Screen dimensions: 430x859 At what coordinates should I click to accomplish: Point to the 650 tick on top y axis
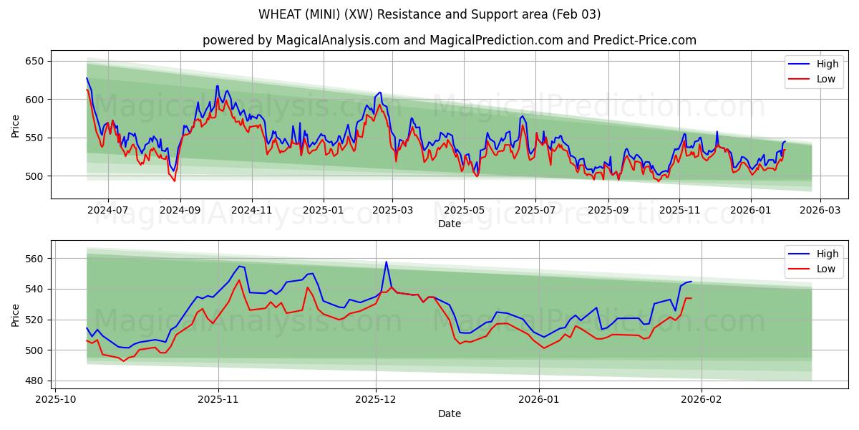click(x=34, y=61)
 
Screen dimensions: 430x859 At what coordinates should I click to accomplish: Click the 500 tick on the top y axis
click(x=34, y=176)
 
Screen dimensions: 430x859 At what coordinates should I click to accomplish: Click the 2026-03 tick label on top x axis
click(x=820, y=211)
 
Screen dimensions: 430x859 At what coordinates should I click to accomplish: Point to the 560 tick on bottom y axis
click(x=34, y=258)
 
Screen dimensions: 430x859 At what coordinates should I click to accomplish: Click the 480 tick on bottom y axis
click(x=34, y=381)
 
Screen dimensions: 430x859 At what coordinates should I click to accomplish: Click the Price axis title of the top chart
click(x=16, y=125)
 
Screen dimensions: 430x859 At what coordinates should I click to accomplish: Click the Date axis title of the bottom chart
click(x=449, y=414)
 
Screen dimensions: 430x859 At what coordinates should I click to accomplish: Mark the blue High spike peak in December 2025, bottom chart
click(x=386, y=262)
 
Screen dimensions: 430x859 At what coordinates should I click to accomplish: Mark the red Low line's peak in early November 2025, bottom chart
click(x=239, y=280)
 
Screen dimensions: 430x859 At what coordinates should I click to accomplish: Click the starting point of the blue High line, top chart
click(x=87, y=78)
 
